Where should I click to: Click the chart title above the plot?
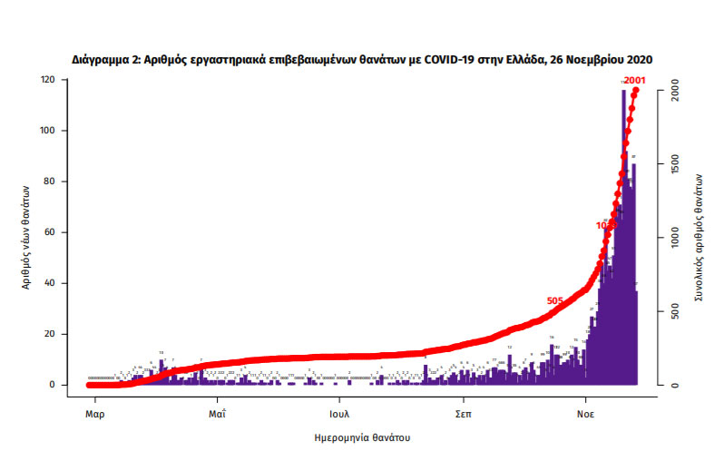[x=362, y=59]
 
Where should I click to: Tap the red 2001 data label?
[x=634, y=82]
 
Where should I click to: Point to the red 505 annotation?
[x=556, y=301]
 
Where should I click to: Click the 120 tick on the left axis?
[x=47, y=80]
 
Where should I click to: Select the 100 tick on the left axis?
[x=47, y=131]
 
